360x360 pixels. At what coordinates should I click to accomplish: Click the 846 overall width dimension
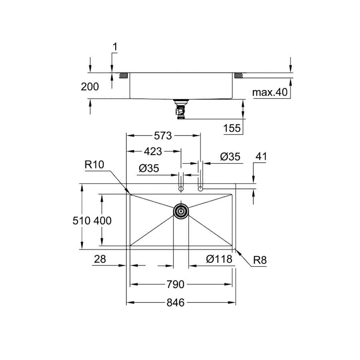[176, 303]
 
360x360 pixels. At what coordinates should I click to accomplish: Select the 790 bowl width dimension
[176, 284]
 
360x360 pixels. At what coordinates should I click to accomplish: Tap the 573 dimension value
[163, 136]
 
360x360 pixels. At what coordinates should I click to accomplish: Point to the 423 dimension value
[153, 152]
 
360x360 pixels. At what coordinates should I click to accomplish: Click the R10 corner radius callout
[94, 164]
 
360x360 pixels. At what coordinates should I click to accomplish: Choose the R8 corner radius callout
[260, 260]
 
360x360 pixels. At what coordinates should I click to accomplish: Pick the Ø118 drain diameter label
[219, 259]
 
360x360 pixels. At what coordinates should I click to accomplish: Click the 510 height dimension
[82, 221]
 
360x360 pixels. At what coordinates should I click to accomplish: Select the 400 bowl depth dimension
[102, 221]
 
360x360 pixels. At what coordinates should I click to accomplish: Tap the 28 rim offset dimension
[100, 259]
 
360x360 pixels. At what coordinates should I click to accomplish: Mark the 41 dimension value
[261, 156]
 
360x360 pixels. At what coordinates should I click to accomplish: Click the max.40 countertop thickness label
[270, 92]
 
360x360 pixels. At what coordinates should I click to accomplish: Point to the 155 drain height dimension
[232, 128]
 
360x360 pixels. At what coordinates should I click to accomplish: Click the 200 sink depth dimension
[90, 87]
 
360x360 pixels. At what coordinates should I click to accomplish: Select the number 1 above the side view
[115, 47]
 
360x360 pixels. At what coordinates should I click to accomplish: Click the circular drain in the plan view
[181, 211]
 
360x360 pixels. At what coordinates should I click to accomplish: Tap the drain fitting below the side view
[181, 110]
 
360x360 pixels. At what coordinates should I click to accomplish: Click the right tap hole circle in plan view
[200, 189]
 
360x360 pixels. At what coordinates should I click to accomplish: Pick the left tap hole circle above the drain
[181, 189]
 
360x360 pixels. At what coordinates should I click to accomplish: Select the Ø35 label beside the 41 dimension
[230, 156]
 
